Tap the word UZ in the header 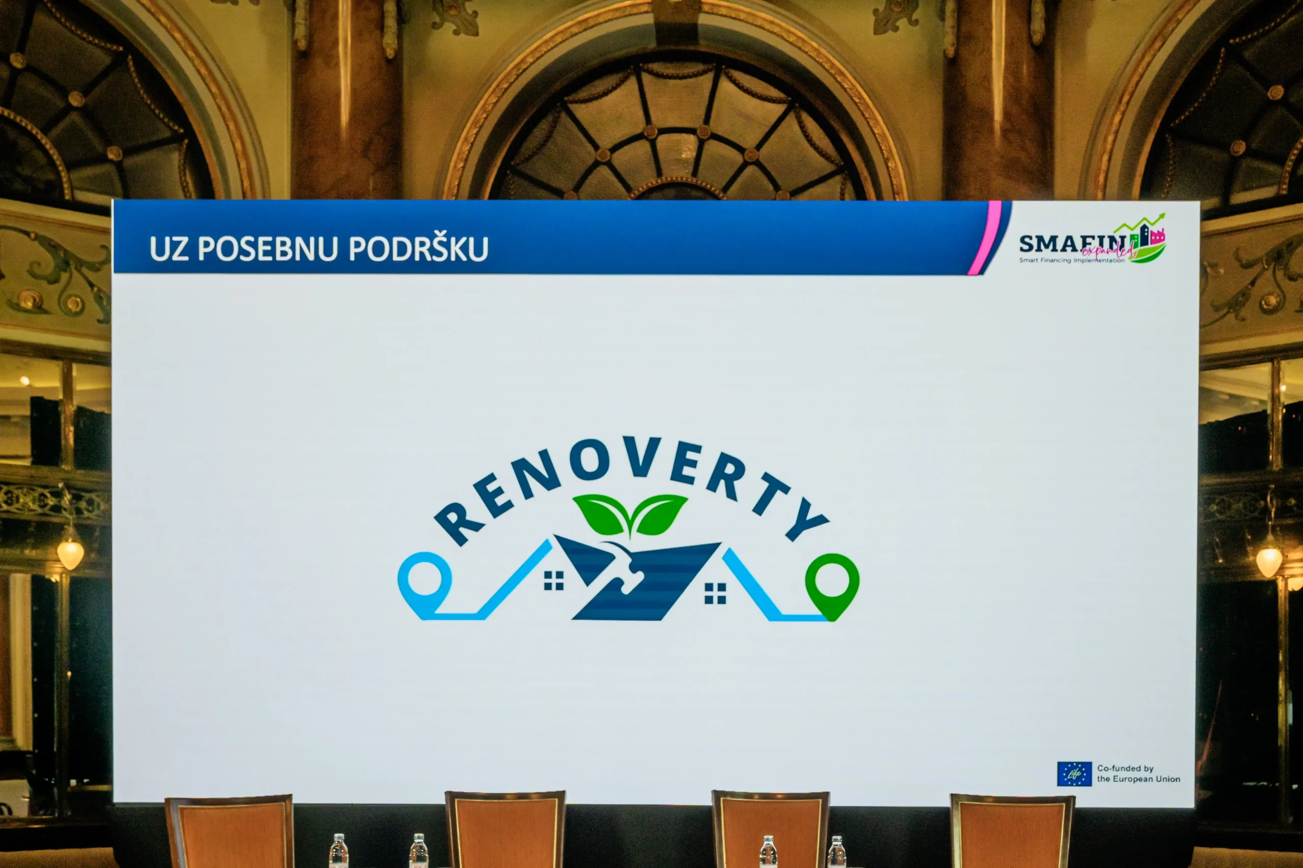169,249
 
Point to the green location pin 832,585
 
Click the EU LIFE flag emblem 1074,774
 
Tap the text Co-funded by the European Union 1138,774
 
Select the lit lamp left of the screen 70,554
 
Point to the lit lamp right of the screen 1269,561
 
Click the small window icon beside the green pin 715,593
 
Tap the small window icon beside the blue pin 553,581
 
